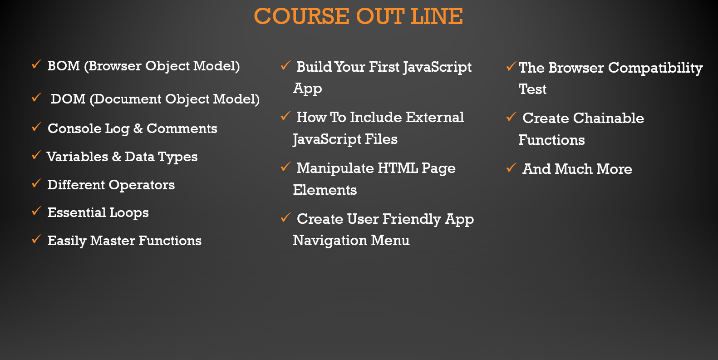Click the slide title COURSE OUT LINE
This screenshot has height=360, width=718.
click(359, 16)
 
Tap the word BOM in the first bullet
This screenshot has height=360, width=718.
click(64, 66)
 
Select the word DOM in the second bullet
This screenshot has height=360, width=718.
click(68, 99)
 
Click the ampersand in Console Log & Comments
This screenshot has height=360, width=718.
click(138, 128)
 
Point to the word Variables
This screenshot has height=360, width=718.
click(77, 157)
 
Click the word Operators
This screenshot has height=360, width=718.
click(142, 185)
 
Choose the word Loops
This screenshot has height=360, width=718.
click(129, 213)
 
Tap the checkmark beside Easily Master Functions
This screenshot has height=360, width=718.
click(36, 239)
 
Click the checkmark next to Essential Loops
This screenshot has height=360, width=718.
click(36, 211)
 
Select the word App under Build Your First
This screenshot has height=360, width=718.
click(307, 89)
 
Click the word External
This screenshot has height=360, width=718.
click(435, 117)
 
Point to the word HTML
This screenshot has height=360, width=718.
click(398, 168)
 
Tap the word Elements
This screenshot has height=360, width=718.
click(325, 190)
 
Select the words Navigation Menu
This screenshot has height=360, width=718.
click(351, 241)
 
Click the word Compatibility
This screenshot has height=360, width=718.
click(655, 68)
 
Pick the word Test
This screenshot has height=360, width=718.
click(532, 89)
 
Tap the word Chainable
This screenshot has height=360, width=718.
click(608, 118)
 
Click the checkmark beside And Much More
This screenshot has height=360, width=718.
click(511, 168)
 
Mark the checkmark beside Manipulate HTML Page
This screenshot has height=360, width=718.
click(285, 167)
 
